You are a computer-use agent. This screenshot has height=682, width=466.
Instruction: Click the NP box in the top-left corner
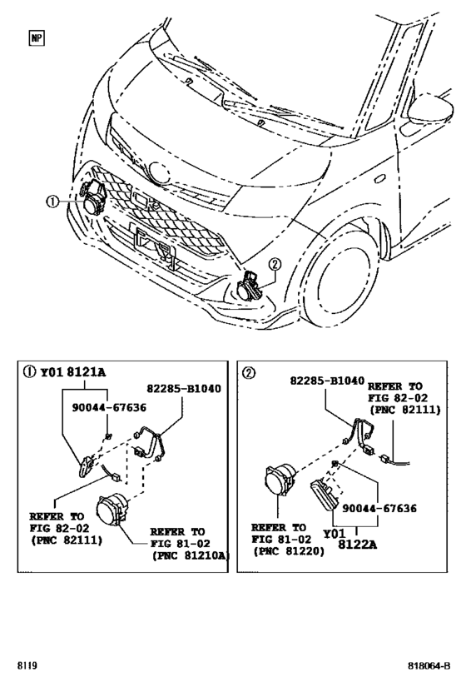click(x=37, y=37)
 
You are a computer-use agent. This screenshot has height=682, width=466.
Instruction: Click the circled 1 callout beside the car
click(x=52, y=202)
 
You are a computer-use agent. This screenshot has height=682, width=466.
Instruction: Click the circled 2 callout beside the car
click(x=274, y=266)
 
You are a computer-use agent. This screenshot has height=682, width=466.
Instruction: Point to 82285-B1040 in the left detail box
click(x=183, y=389)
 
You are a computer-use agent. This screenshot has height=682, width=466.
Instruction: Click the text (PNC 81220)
click(x=287, y=551)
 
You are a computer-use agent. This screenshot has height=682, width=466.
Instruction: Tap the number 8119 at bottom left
click(x=27, y=666)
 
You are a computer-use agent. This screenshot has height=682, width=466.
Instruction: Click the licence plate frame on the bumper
click(x=154, y=244)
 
